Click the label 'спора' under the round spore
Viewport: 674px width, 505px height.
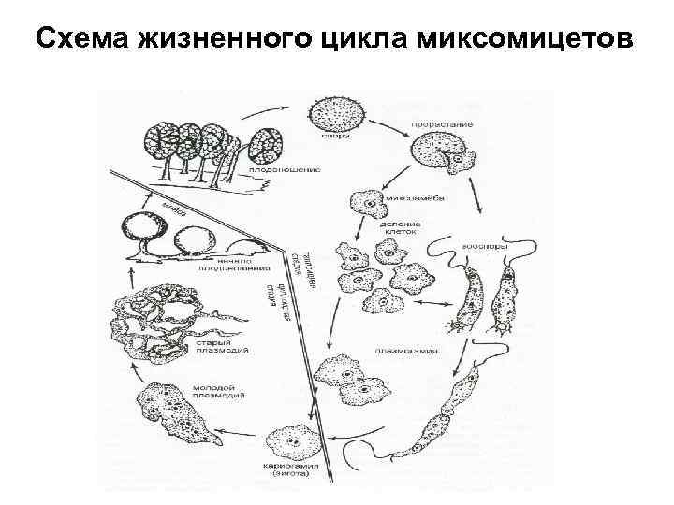339,135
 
